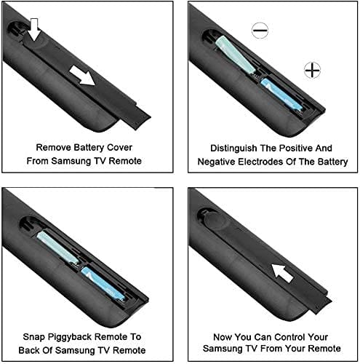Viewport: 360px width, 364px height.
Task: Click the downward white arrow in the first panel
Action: coord(35,29)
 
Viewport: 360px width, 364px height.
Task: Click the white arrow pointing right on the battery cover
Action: coord(82,76)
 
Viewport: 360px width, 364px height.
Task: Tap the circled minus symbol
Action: coord(260,31)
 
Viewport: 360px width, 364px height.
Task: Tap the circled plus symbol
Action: coord(312,71)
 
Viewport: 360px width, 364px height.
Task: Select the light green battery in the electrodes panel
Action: coord(236,55)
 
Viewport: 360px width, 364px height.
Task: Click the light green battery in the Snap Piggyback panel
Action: coord(57,248)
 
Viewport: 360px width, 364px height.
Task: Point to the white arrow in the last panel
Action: coord(282,273)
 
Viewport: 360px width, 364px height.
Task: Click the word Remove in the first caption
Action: coord(54,148)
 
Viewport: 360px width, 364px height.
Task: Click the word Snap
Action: coord(33,337)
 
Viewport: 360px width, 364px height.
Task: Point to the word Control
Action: coord(289,337)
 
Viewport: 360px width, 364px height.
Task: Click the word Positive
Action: coord(294,148)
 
